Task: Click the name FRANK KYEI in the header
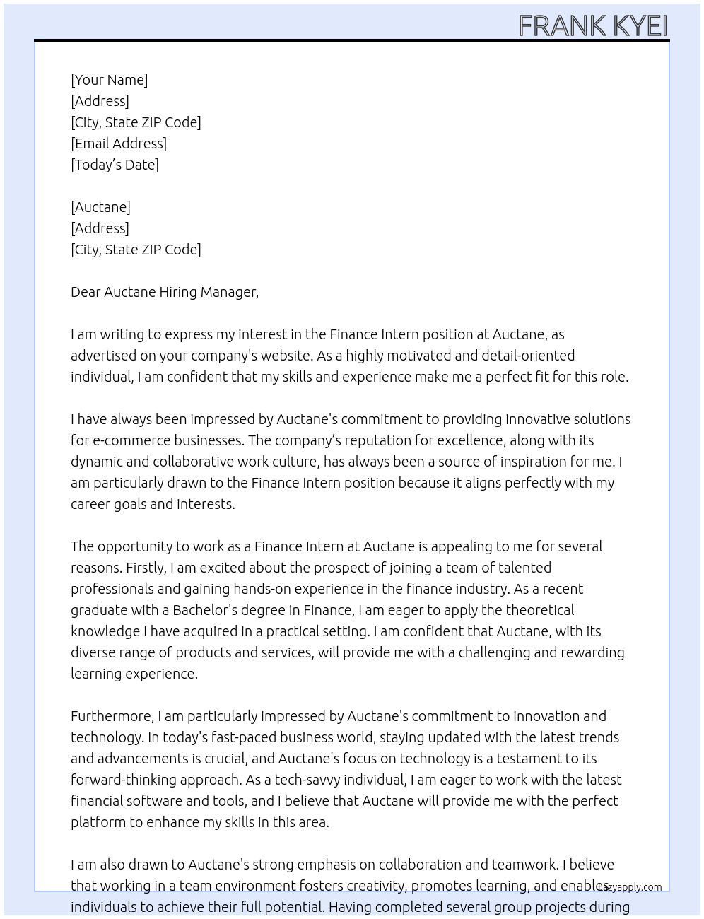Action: [592, 25]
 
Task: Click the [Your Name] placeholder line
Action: [110, 80]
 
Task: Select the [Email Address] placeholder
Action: [119, 144]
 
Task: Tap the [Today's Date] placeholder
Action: [115, 165]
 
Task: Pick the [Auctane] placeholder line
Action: [100, 207]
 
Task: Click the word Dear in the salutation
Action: [86, 292]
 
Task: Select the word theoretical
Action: [539, 610]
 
